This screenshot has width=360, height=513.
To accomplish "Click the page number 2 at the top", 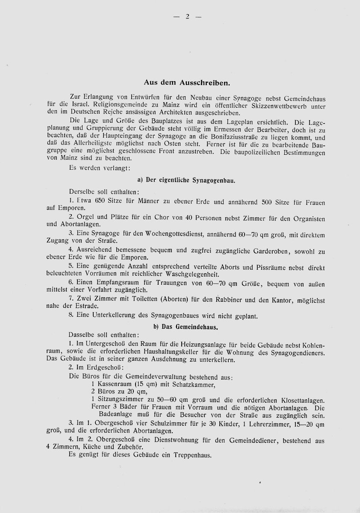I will [187, 17].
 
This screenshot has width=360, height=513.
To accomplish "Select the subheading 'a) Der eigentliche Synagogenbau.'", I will [187, 180].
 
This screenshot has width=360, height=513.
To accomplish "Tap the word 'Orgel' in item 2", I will [84, 217].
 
